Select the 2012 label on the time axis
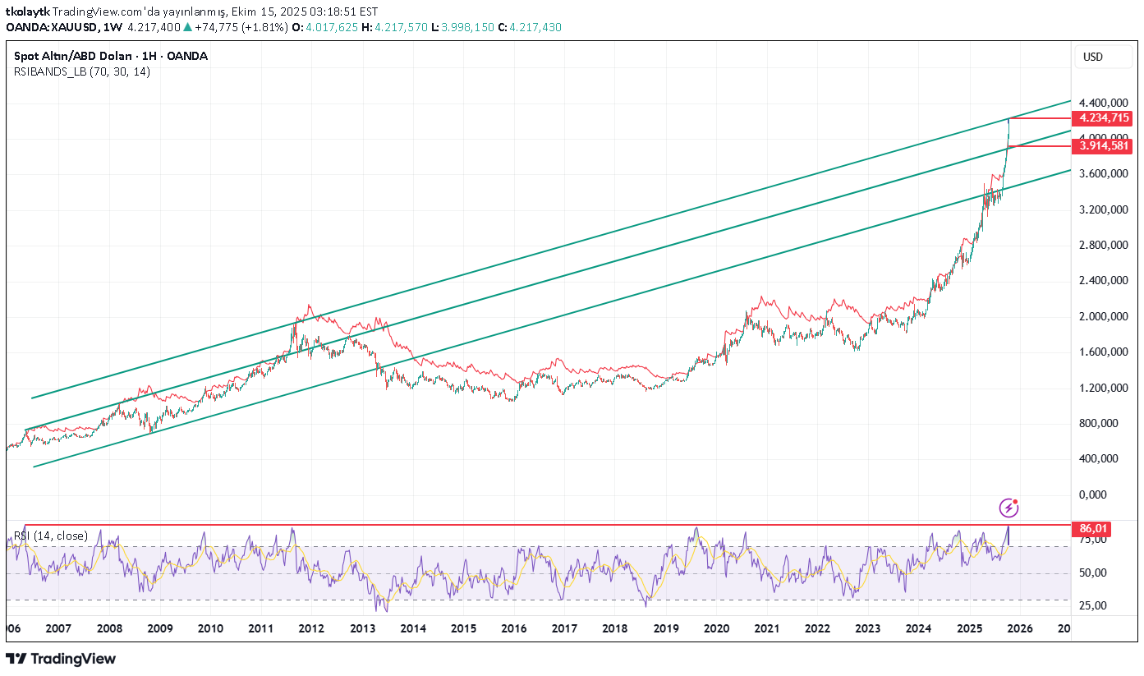click(x=311, y=628)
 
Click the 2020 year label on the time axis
click(x=716, y=628)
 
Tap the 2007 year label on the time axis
click(x=57, y=628)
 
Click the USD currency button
click(x=1093, y=57)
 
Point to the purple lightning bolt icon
click(x=1009, y=508)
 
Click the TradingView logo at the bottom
click(x=61, y=659)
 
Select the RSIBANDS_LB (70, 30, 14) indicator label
click(x=82, y=71)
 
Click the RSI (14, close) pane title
click(x=51, y=536)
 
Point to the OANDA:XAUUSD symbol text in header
click(x=52, y=27)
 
